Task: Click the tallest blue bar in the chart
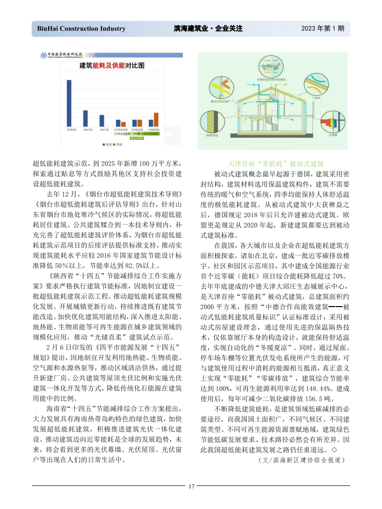point(69,103)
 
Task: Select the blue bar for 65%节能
point(86,118)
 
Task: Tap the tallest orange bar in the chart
point(156,119)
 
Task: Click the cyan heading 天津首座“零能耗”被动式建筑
point(275,163)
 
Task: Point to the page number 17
point(191,486)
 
